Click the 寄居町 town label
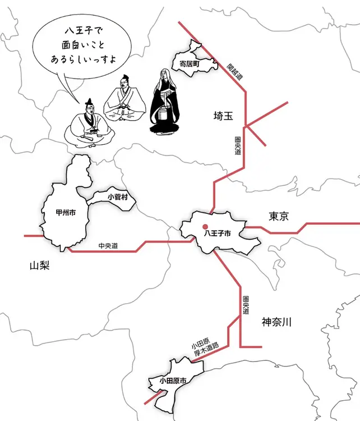tap(190, 64)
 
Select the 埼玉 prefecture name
tap(223, 116)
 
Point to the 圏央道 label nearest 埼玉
tap(238, 145)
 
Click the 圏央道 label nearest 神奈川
tap(246, 305)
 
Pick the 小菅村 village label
tap(118, 197)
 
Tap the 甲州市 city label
tap(66, 213)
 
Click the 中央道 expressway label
tap(108, 246)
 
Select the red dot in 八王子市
tap(205, 226)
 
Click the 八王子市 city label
tap(217, 234)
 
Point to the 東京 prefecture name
tap(279, 217)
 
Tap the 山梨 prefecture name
tap(40, 266)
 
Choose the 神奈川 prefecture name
tap(276, 322)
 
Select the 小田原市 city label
tap(173, 381)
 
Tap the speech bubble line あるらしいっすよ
tap(84, 58)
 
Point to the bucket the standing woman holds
tap(163, 114)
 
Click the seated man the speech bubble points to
tap(89, 123)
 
